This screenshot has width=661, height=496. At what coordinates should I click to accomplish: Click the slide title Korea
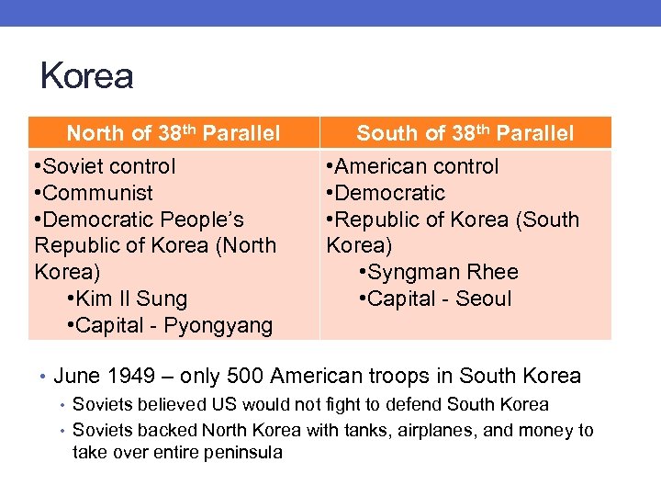click(x=87, y=76)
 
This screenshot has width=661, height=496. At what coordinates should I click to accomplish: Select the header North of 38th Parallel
click(x=174, y=133)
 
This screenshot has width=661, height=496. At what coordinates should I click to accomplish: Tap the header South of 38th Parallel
click(x=465, y=133)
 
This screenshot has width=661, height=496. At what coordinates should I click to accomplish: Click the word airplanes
click(x=435, y=430)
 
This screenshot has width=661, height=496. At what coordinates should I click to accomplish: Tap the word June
click(x=77, y=376)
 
